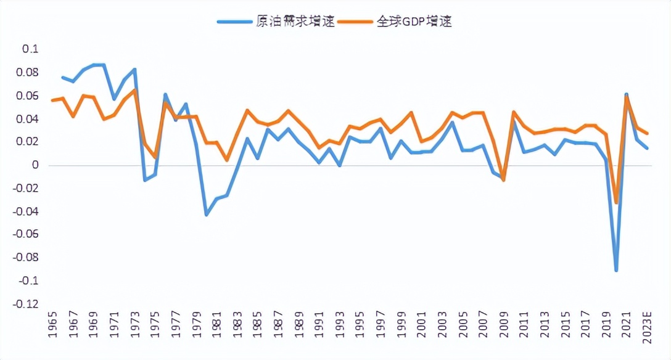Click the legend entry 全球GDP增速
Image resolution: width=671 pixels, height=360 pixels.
coord(414,22)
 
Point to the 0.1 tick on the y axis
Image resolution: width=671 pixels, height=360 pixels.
coord(30,49)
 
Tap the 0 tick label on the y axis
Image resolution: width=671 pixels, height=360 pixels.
coord(35,165)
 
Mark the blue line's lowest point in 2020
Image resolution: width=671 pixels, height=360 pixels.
coord(616,270)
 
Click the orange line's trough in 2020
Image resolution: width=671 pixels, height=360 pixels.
coord(616,203)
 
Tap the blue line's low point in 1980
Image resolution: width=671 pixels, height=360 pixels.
coord(206,215)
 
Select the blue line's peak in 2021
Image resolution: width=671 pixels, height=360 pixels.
coord(627,94)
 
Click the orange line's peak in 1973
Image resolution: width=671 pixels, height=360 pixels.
coord(134,90)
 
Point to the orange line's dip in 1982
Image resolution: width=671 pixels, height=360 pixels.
coord(227,160)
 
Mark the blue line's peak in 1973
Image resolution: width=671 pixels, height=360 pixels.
coord(134,69)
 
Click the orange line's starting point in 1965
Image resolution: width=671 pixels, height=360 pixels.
coord(52,100)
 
